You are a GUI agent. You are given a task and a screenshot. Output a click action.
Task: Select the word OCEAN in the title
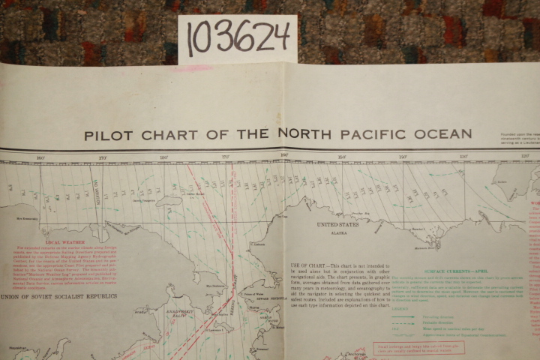click(441, 134)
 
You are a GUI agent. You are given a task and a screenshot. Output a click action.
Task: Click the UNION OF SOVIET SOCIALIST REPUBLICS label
click(58, 295)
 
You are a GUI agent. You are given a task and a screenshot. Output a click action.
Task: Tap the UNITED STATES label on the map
click(337, 224)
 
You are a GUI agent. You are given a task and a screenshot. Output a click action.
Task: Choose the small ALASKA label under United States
click(337, 233)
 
